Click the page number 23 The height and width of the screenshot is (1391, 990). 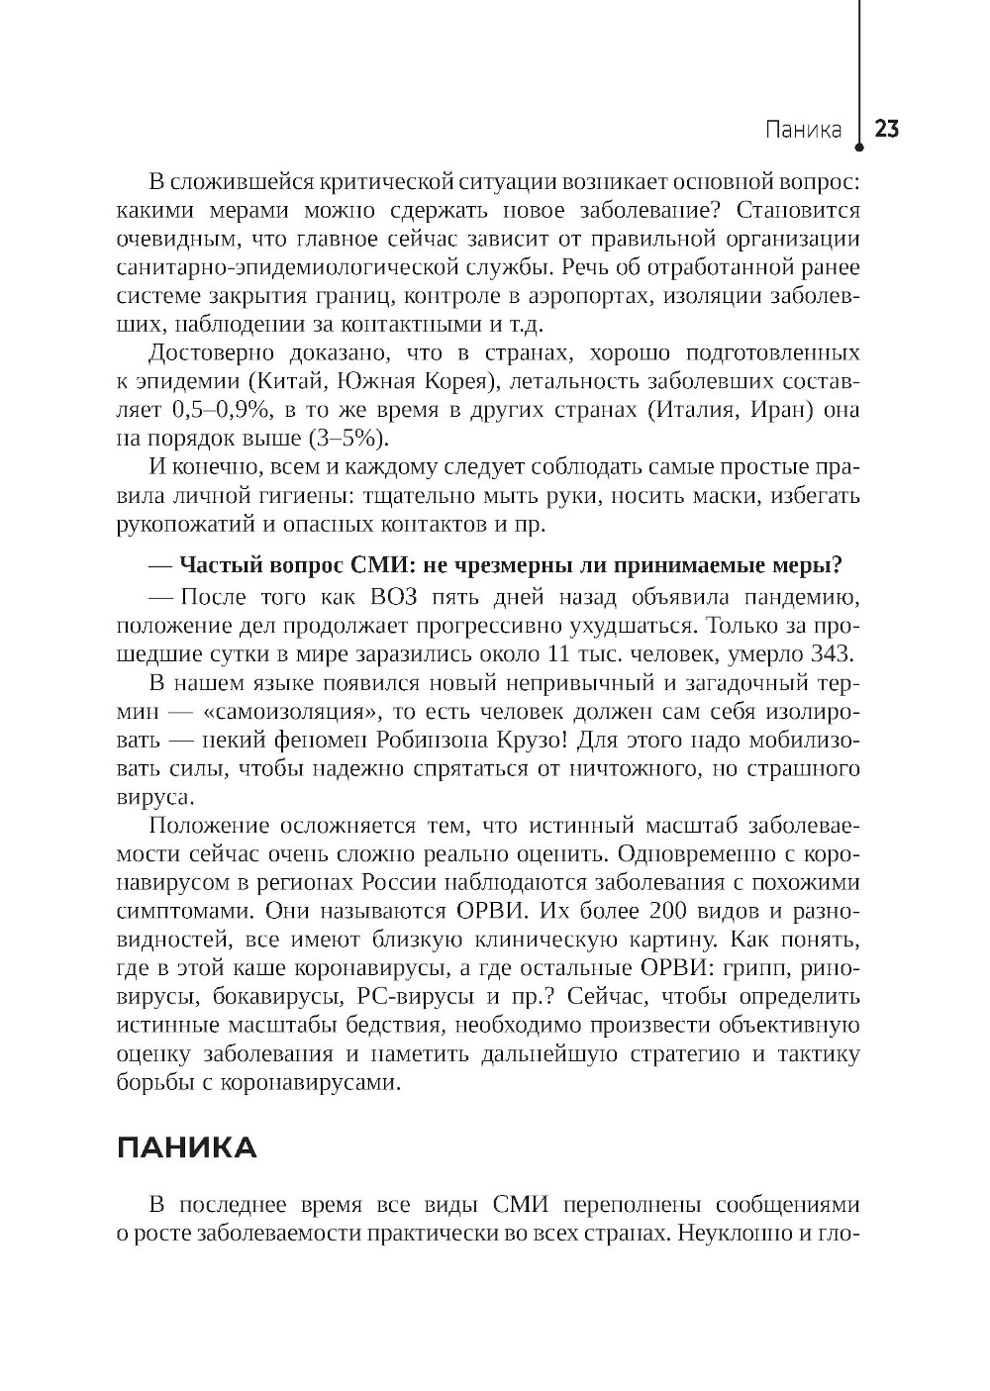tap(886, 130)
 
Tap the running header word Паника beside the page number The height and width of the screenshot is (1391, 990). tap(803, 130)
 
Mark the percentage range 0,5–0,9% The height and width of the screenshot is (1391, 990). tap(221, 410)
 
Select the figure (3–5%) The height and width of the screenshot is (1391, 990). tap(349, 438)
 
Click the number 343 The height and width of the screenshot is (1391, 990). tap(835, 653)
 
